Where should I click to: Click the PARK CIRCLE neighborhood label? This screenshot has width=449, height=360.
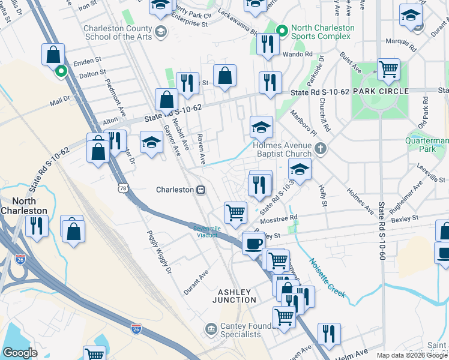(x=381, y=91)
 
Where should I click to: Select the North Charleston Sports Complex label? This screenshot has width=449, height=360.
(x=320, y=32)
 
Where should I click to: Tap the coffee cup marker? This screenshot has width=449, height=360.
(x=252, y=243)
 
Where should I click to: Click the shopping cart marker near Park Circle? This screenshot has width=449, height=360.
(x=388, y=70)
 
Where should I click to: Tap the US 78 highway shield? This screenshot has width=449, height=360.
(x=122, y=188)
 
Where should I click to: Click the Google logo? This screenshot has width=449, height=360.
(x=20, y=352)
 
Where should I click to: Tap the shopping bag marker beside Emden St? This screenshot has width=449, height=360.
(x=53, y=55)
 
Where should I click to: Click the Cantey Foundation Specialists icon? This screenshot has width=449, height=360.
(x=211, y=328)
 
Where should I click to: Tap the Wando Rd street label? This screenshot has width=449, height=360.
(x=301, y=54)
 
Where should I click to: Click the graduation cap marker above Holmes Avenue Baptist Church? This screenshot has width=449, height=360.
(x=261, y=127)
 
